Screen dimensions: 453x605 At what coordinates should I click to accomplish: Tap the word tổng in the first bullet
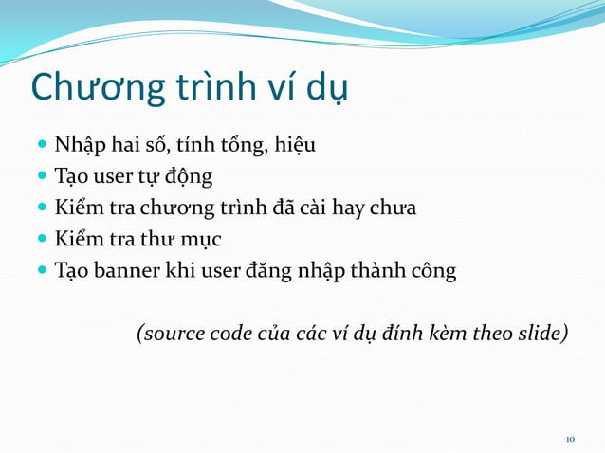pyautogui.click(x=244, y=146)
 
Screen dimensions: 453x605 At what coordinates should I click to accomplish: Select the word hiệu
pyautogui.click(x=295, y=146)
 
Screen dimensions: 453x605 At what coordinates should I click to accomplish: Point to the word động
pyautogui.click(x=187, y=177)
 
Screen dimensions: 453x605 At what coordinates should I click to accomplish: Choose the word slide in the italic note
pyautogui.click(x=541, y=334)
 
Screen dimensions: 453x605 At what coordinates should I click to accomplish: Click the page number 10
pyautogui.click(x=570, y=439)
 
